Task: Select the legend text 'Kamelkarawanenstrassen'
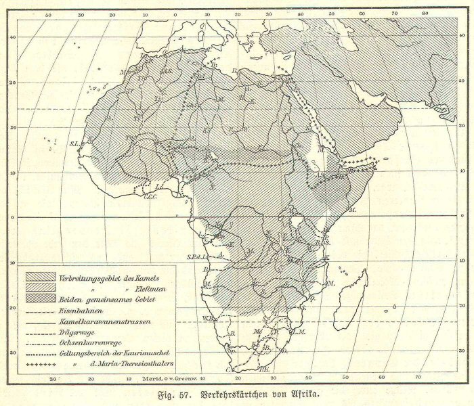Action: click(105, 321)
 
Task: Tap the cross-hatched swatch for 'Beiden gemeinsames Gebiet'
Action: click(41, 298)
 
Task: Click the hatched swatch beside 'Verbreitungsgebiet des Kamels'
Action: click(41, 277)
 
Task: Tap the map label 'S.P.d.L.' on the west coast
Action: click(195, 257)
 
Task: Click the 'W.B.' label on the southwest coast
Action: click(208, 317)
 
